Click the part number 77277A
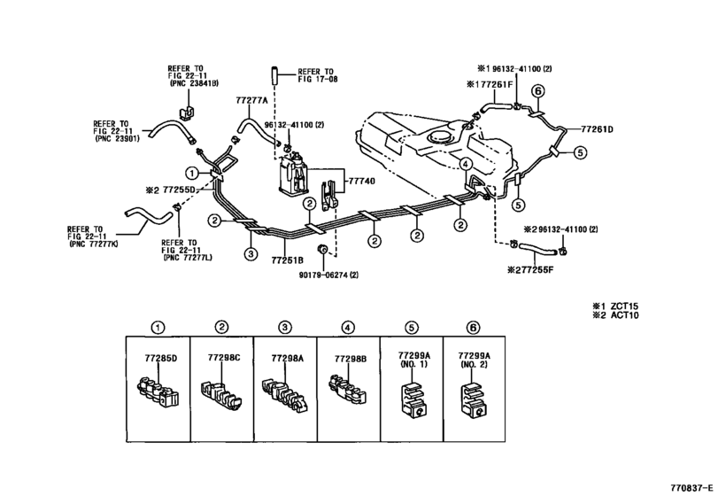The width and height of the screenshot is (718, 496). coord(251,100)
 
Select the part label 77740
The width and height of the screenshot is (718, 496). coord(362,182)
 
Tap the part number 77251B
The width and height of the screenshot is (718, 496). coord(287,260)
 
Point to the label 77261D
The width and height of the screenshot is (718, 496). coord(597,129)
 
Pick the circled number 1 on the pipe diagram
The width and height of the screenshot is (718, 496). coord(192,173)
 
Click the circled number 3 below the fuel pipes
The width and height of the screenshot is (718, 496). coord(251,253)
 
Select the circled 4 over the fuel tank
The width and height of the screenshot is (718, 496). coord(465,164)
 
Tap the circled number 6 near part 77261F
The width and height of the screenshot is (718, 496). coord(538,91)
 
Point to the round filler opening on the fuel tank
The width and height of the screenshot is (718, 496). coord(437,137)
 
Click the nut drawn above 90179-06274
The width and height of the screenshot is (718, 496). coord(322,250)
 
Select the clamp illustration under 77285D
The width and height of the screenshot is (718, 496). coord(158,391)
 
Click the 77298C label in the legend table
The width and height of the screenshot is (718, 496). coord(223,357)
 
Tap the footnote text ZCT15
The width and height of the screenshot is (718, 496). coord(624,306)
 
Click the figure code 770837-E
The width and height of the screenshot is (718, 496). coord(692,487)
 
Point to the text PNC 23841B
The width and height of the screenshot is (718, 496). coord(194,83)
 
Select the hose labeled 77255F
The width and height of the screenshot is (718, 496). coord(536,249)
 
